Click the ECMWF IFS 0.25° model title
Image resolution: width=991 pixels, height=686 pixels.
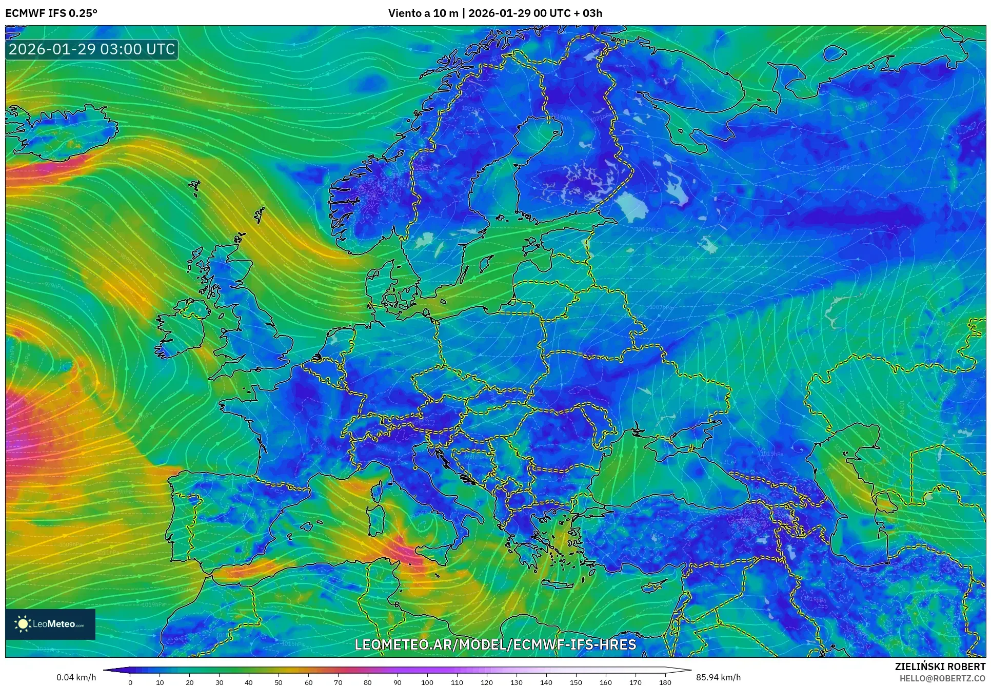point(51,13)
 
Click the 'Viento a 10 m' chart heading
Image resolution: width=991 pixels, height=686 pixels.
point(423,13)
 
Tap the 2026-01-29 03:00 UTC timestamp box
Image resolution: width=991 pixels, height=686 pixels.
point(92,49)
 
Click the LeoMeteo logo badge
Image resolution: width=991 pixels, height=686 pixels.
point(50,624)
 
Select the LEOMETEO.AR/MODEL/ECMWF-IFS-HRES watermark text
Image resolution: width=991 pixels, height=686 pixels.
point(495,644)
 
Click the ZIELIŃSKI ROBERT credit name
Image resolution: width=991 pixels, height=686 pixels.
point(940,667)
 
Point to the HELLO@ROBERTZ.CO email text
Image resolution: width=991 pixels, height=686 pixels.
point(942,678)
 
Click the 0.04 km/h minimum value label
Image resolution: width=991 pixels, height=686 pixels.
point(76,677)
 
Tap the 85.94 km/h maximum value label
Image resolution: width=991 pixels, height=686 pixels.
point(718,677)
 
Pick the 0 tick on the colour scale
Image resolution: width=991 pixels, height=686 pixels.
point(130,682)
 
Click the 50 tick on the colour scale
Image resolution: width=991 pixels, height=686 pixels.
point(279,682)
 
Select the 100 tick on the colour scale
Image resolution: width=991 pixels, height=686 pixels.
point(427,682)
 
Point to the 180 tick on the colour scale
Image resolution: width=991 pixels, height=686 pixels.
point(665,682)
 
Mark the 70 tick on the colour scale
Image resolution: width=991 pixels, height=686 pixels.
point(338,682)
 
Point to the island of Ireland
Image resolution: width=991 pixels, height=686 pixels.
point(180,328)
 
